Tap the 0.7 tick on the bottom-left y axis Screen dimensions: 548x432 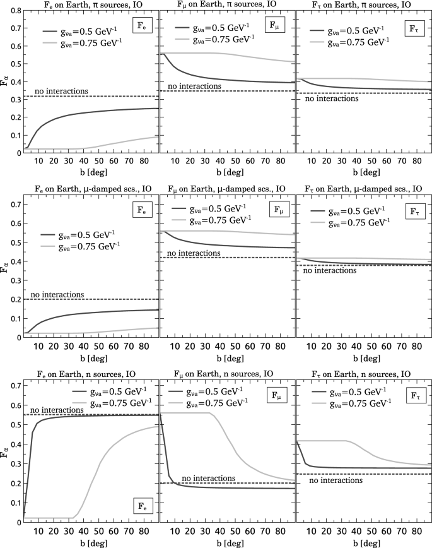pos(11,384)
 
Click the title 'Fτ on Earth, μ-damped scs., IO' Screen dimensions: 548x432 pos(364,188)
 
